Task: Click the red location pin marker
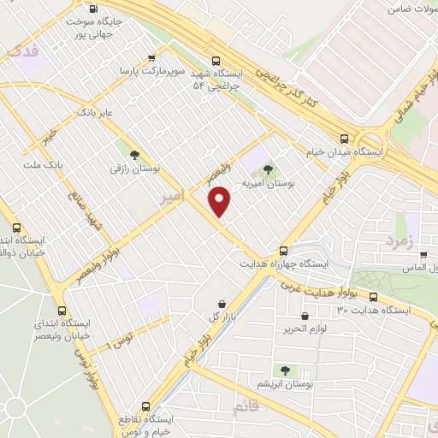[221, 201]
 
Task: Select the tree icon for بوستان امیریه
[269, 169]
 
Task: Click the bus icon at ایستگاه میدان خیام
[344, 138]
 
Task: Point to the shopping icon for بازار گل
[222, 304]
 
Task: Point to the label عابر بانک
[95, 112]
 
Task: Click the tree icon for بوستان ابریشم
[285, 370]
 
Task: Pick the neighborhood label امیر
[172, 198]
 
